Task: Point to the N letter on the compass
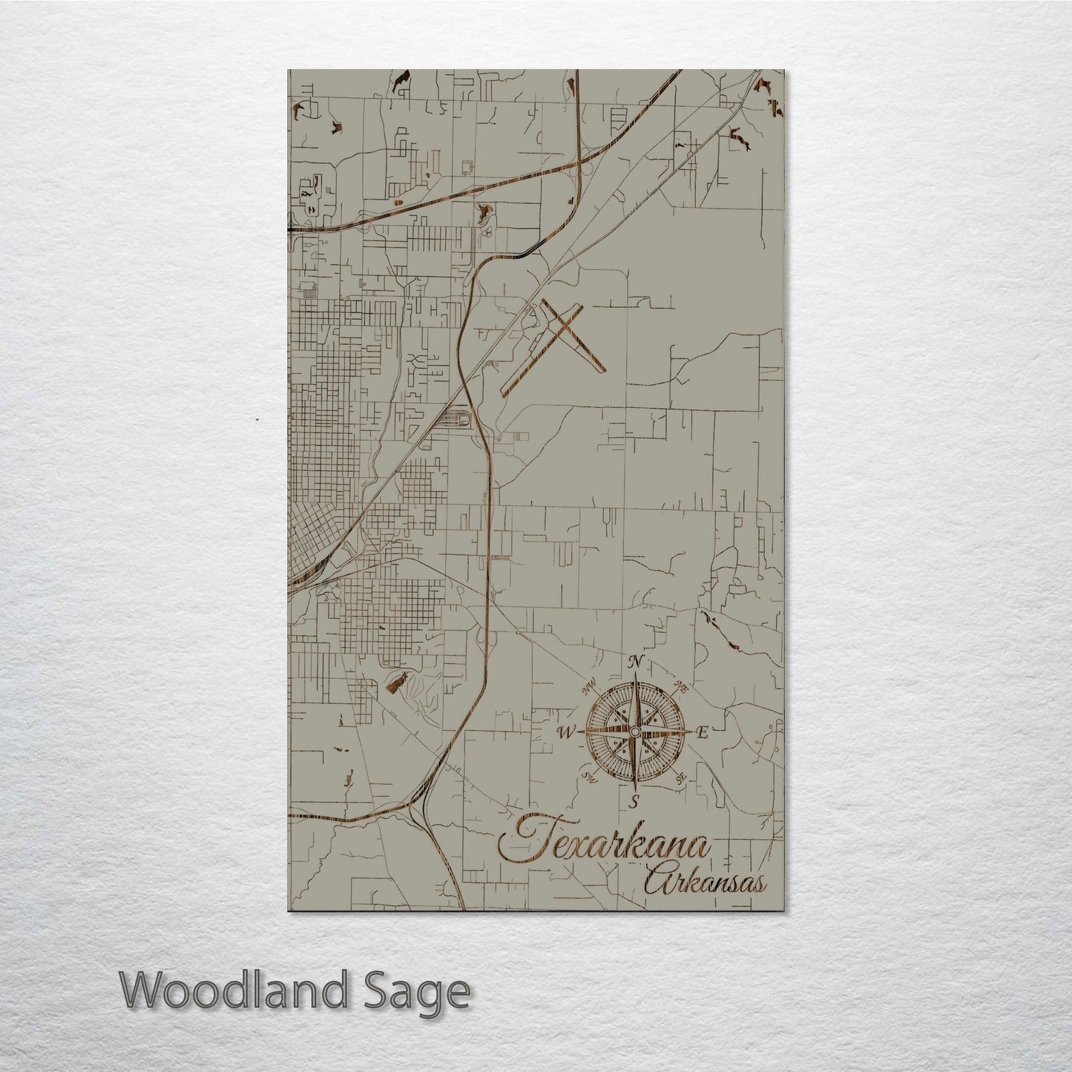click(636, 662)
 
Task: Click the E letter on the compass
click(703, 734)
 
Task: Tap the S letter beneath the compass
click(634, 802)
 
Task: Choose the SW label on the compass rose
click(591, 777)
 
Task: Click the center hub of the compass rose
click(634, 733)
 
